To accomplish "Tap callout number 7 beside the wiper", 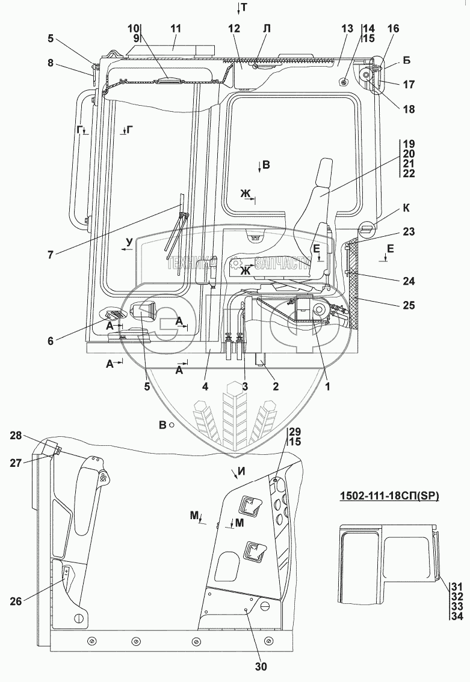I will coord(51,253).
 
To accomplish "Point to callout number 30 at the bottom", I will coord(262,666).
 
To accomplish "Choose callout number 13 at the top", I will coord(346,29).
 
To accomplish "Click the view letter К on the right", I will coord(406,208).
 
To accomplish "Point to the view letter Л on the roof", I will coord(267,28).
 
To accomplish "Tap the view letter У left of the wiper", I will coord(128,242).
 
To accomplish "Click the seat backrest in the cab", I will coord(322,186).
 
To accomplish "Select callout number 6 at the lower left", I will coord(51,341).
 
